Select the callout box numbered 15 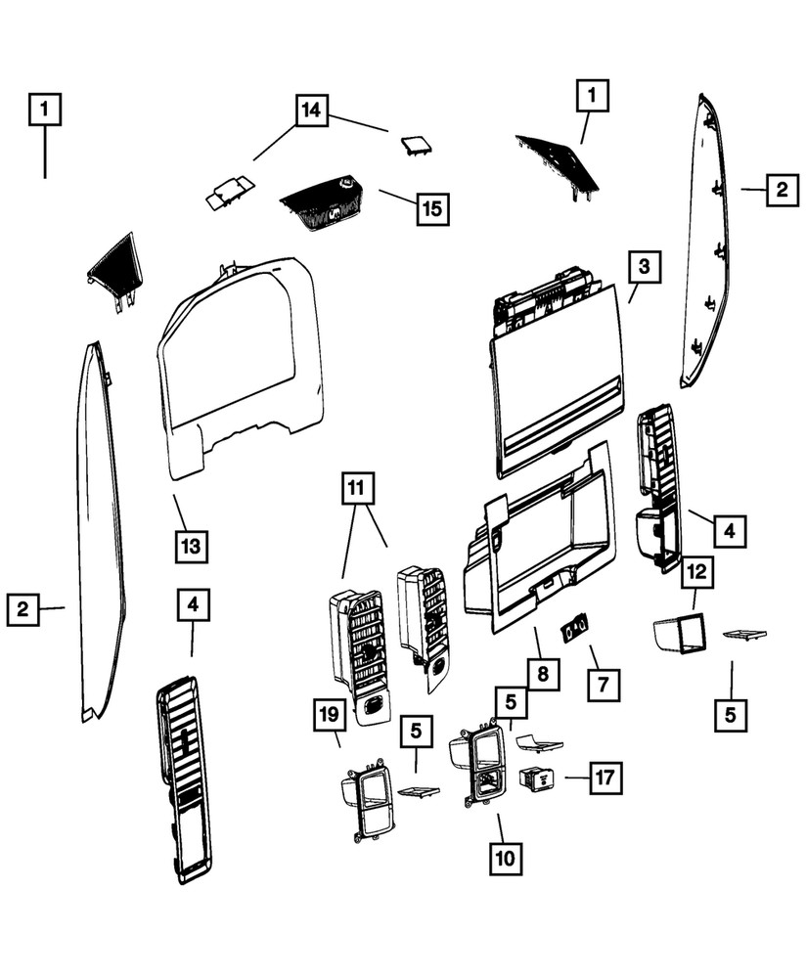pyautogui.click(x=431, y=208)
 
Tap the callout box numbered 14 pyautogui.click(x=310, y=110)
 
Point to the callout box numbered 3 pyautogui.click(x=644, y=266)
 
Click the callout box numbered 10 pyautogui.click(x=506, y=859)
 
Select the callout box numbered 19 pyautogui.click(x=330, y=716)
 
